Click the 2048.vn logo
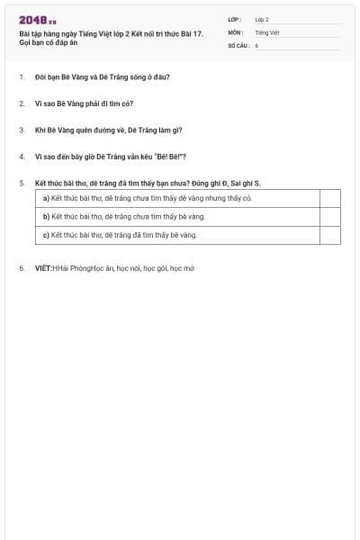coord(38,20)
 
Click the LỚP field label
coord(234,19)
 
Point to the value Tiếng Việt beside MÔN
coord(267,31)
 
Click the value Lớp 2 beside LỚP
coord(262,19)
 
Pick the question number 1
coord(21,76)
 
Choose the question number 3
coord(21,130)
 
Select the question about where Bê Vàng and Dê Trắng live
coord(102,76)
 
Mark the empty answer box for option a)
coord(329,198)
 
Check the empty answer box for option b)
coord(329,217)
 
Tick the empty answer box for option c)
coord(329,235)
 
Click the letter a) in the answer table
coord(46,198)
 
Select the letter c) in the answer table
coord(46,235)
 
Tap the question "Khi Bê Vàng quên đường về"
coord(108,130)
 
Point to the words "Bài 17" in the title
coord(191,32)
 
